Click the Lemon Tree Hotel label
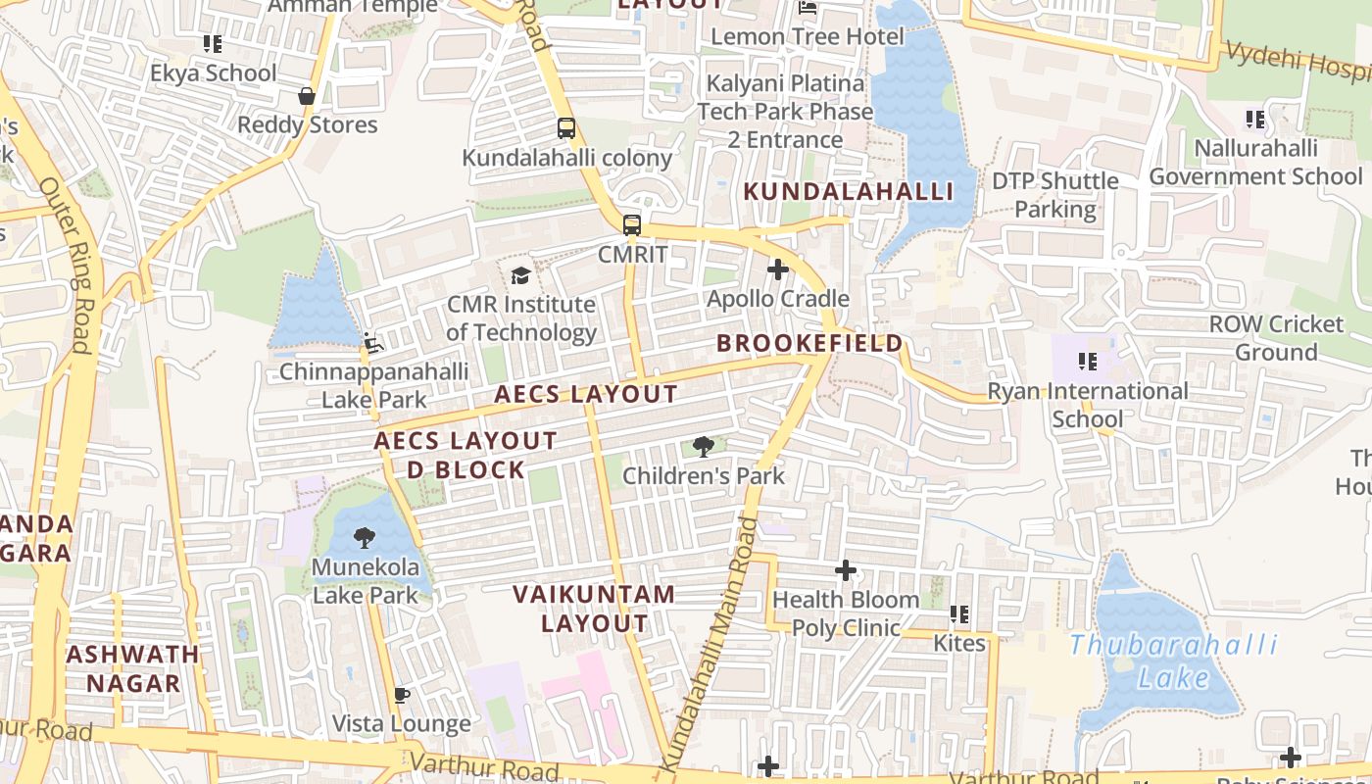[x=808, y=37]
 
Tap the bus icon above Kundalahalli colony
[x=565, y=127]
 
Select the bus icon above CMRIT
[x=632, y=224]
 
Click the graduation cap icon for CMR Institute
[x=520, y=275]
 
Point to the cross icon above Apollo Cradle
[x=778, y=269]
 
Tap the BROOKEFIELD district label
[x=809, y=343]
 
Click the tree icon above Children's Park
[x=703, y=448]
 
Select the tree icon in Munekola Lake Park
[x=365, y=538]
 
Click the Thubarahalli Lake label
[x=1173, y=661]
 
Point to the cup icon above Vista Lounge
[x=400, y=696]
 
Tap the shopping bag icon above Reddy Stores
[x=307, y=96]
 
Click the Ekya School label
[x=214, y=73]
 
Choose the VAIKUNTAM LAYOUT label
[x=594, y=609]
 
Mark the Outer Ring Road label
[x=67, y=265]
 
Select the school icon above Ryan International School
[x=1087, y=362]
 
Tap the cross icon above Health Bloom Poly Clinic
[x=846, y=570]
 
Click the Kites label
[x=959, y=644]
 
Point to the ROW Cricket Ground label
[x=1276, y=338]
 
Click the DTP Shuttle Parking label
[x=1055, y=195]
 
